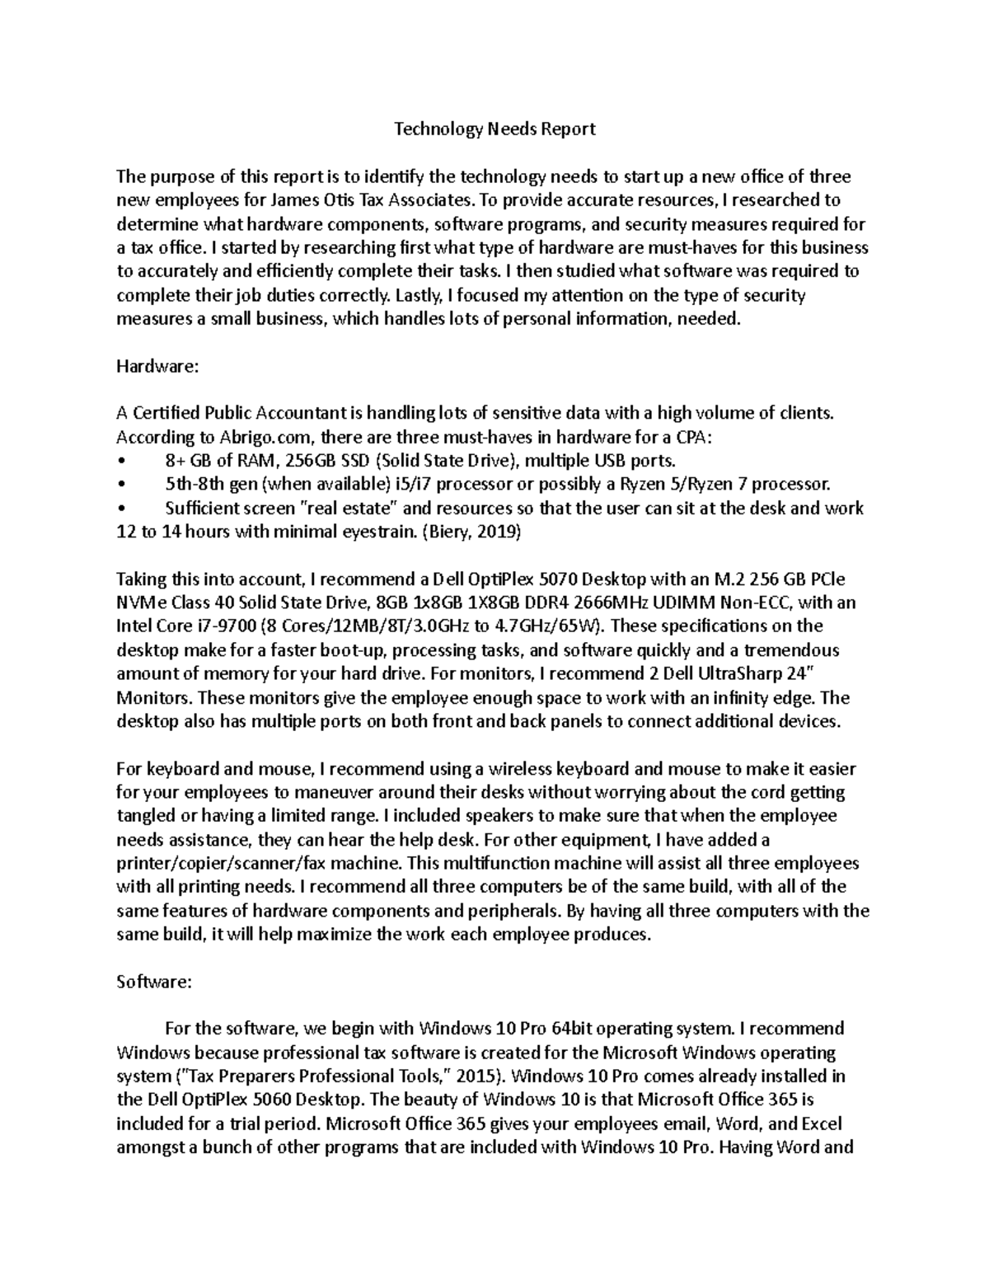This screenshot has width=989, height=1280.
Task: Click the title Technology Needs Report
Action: click(494, 129)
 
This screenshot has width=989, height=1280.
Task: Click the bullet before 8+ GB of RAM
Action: click(121, 461)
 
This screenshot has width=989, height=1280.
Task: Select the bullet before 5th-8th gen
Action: click(121, 485)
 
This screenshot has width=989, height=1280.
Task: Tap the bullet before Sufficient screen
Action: click(121, 509)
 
